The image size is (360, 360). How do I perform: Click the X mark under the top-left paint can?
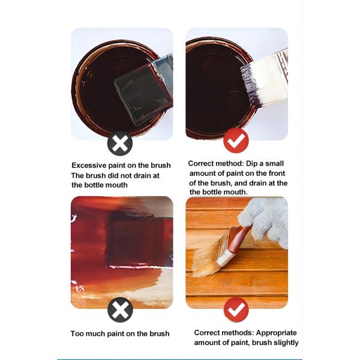coord(120,144)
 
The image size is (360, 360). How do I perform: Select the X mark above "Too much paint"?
coord(120,310)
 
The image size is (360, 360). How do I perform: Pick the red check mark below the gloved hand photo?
coord(236,310)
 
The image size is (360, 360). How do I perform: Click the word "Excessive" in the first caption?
coord(90,166)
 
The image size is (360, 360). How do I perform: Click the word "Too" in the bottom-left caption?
coord(79,334)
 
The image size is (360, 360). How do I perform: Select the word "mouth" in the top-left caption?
coord(116,185)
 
